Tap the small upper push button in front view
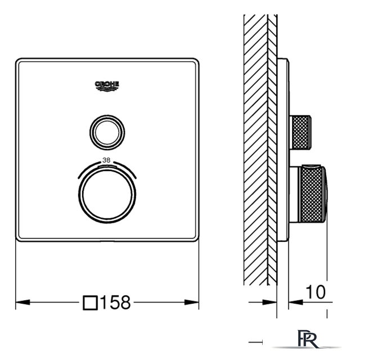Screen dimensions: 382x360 [x=107, y=133]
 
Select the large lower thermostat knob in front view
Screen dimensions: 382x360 [x=107, y=195]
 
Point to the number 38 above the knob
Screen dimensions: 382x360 [x=106, y=160]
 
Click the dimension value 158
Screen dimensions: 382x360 [x=115, y=302]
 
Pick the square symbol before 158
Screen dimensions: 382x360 [x=91, y=303]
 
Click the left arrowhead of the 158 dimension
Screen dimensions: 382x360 [x=23, y=302]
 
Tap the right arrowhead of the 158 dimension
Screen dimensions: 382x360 [x=192, y=302]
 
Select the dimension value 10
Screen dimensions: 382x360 [x=316, y=292]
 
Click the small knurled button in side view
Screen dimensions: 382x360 [x=300, y=132]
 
